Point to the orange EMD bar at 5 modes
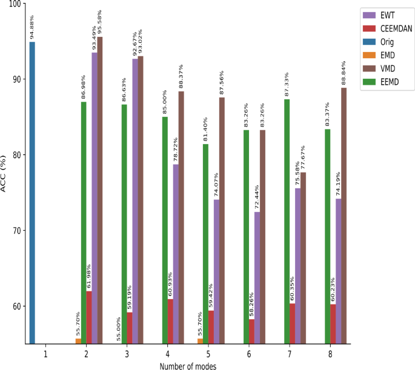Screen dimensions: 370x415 tap(201, 341)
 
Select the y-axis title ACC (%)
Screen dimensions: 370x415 tap(5, 174)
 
